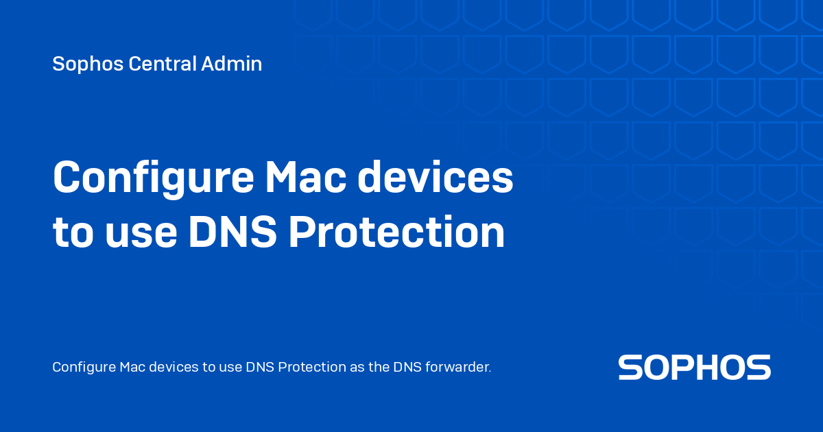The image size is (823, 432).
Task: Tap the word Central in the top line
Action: (162, 64)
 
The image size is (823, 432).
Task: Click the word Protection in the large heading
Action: (396, 233)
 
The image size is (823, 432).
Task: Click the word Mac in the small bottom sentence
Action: (130, 368)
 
